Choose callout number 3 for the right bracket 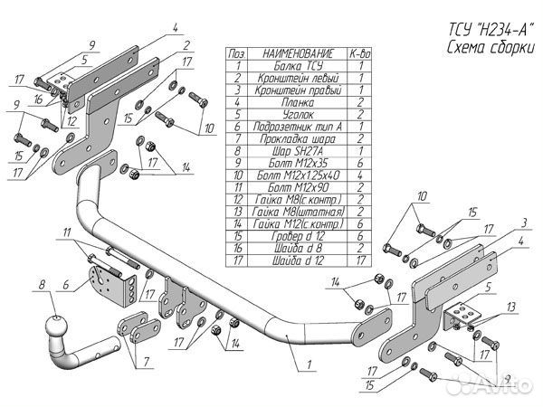pyautogui.click(x=525, y=222)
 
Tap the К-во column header pyautogui.click(x=360, y=54)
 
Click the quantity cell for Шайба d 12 pyautogui.click(x=360, y=260)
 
